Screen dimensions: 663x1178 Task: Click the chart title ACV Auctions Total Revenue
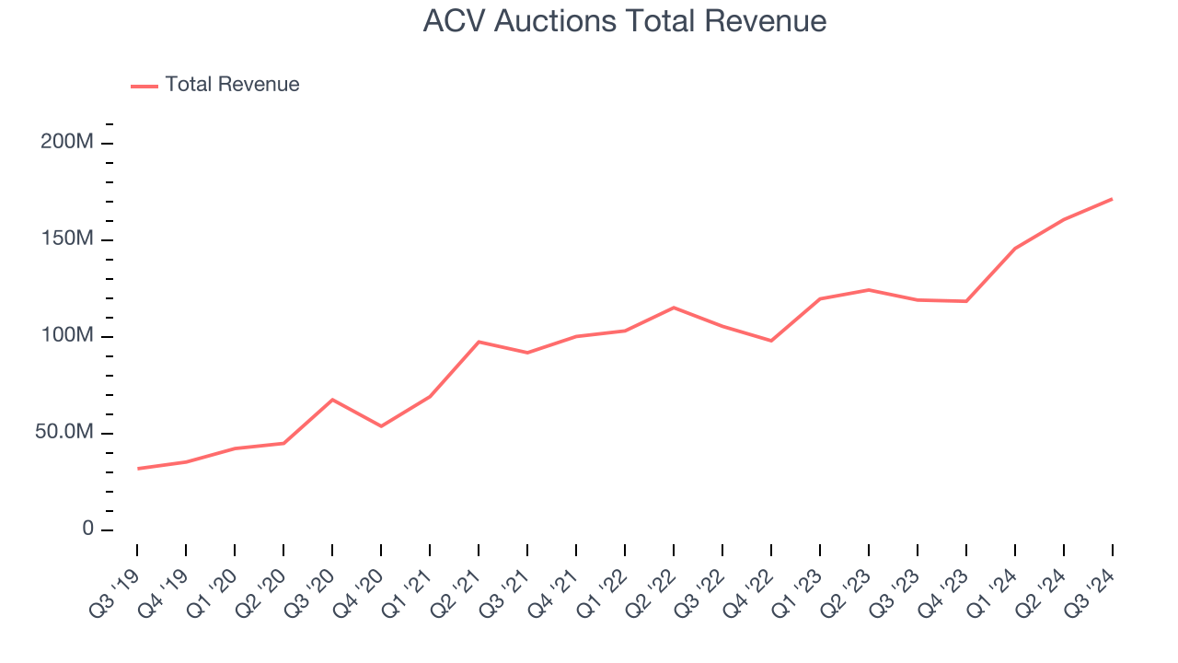coord(624,21)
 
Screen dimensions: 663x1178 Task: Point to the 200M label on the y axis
coord(68,143)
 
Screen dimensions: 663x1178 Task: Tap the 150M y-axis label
coord(68,239)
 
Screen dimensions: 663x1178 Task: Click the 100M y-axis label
coord(68,336)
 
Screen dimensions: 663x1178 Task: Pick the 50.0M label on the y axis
coord(64,433)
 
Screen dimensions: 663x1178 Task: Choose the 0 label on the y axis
coord(87,529)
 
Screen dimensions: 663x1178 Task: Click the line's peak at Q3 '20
coord(332,400)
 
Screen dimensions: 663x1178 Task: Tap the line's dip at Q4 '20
coord(381,426)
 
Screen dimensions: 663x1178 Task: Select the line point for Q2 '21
coord(479,342)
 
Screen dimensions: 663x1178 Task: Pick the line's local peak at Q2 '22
coord(674,308)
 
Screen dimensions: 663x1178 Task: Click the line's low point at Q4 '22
coord(771,341)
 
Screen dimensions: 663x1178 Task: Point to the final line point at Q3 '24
coord(1112,199)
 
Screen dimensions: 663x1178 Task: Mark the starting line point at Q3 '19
coord(138,469)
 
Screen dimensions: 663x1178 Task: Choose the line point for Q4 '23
coord(966,301)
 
